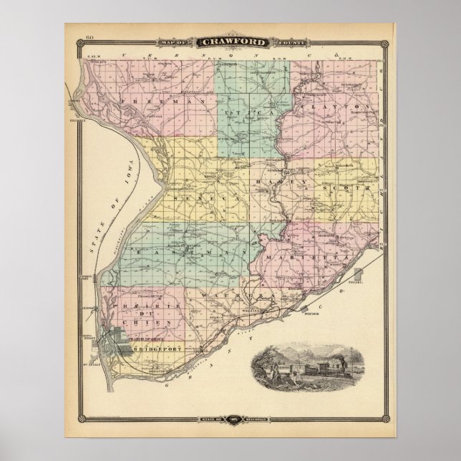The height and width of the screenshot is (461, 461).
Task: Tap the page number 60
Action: coord(89,37)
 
